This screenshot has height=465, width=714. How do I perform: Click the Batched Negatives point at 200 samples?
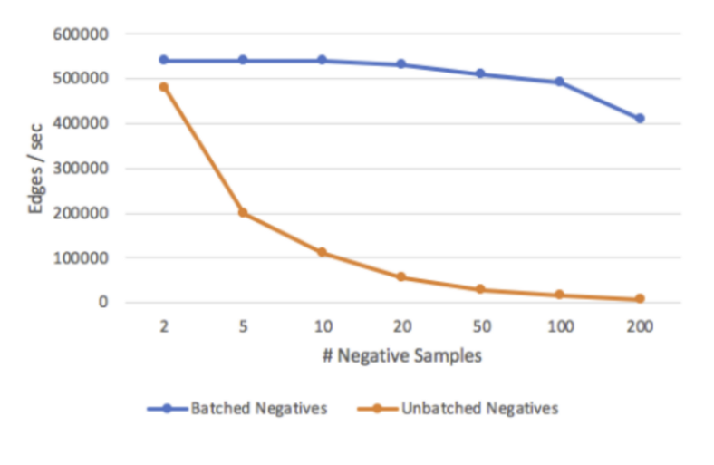[x=640, y=119]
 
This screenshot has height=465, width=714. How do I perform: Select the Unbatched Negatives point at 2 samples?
[x=164, y=87]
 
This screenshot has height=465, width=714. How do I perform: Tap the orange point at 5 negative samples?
[x=243, y=213]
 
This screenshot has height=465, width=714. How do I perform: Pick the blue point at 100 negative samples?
[x=560, y=82]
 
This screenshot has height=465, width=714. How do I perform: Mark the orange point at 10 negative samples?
[x=323, y=252]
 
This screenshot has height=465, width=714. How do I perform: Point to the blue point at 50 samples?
[x=480, y=73]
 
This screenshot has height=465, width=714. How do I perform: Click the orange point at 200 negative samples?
[x=640, y=298]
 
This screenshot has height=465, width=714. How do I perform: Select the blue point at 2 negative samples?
[x=164, y=60]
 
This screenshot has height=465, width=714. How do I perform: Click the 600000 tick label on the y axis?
[x=82, y=34]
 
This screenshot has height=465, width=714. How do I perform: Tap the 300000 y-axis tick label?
[x=82, y=169]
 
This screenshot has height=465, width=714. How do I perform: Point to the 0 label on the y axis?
[x=104, y=302]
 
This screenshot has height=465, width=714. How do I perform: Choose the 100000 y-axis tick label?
[x=82, y=257]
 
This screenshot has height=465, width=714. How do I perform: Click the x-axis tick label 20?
[x=401, y=326]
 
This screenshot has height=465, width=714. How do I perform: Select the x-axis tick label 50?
[x=480, y=326]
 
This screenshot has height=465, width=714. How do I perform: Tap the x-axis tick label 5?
[x=243, y=326]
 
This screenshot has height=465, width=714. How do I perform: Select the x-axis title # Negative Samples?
[x=401, y=355]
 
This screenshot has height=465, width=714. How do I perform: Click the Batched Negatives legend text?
[x=258, y=409]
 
